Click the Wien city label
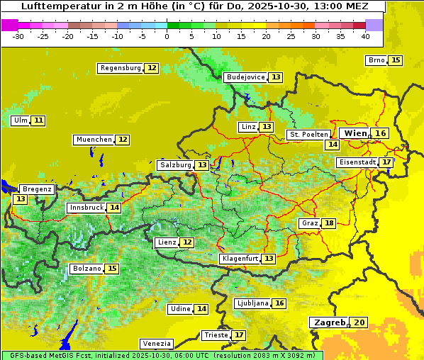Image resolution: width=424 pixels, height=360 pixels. click(x=355, y=133)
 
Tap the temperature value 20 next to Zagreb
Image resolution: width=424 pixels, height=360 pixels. click(x=359, y=322)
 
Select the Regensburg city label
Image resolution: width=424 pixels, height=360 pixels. click(x=121, y=68)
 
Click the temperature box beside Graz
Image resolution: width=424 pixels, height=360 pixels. click(x=328, y=223)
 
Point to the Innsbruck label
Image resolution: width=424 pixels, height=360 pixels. click(x=86, y=208)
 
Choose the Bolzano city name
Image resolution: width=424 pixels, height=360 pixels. click(x=87, y=269)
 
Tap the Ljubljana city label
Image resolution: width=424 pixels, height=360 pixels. click(x=252, y=303)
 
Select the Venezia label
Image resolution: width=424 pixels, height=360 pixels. click(x=156, y=343)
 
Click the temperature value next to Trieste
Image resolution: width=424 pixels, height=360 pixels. click(x=239, y=335)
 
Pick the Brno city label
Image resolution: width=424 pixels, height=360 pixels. click(x=376, y=60)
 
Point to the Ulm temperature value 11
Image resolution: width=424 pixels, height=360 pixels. click(x=38, y=120)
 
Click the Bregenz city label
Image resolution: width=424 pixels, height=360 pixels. click(x=37, y=189)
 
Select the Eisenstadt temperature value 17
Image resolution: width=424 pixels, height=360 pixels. click(x=386, y=162)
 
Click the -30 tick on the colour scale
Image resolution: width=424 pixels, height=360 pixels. click(x=18, y=36)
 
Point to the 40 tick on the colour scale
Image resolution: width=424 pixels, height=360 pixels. click(x=365, y=36)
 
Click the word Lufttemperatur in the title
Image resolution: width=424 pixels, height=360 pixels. click(x=54, y=6)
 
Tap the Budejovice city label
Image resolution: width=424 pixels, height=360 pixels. click(x=245, y=77)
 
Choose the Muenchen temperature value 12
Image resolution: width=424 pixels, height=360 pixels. click(x=123, y=140)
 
